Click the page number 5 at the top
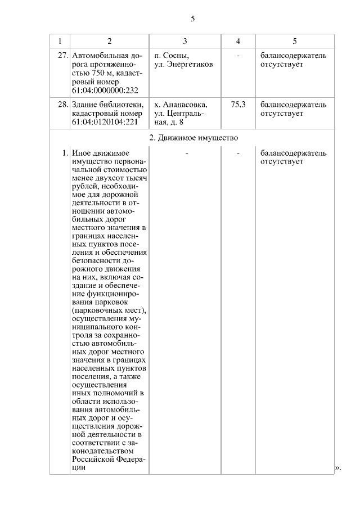point(192,19)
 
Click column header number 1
point(60,42)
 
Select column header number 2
point(109,42)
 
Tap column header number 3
point(185,42)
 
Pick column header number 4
point(238,42)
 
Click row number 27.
point(63,56)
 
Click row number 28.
point(63,105)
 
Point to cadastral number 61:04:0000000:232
point(105,90)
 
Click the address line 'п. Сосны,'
point(172,56)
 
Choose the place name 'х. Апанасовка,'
point(181,105)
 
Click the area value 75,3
point(238,105)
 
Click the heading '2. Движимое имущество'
point(193,137)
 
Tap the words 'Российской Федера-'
point(108,458)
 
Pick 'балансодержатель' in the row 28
point(293,105)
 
